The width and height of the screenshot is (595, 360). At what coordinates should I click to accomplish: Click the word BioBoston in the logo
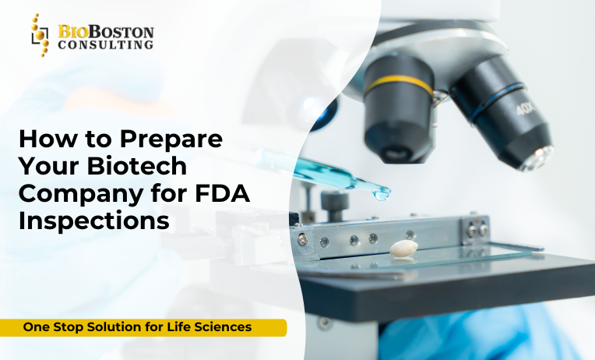[x=106, y=32]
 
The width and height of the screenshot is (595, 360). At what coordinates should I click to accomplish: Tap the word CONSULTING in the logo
[x=106, y=45]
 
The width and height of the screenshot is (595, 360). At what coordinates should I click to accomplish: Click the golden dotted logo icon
[x=39, y=36]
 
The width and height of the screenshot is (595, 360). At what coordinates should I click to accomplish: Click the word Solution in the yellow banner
[x=121, y=327]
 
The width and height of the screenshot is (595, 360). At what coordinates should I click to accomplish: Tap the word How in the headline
[x=44, y=139]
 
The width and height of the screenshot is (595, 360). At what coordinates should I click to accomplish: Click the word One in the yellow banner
[x=37, y=327]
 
